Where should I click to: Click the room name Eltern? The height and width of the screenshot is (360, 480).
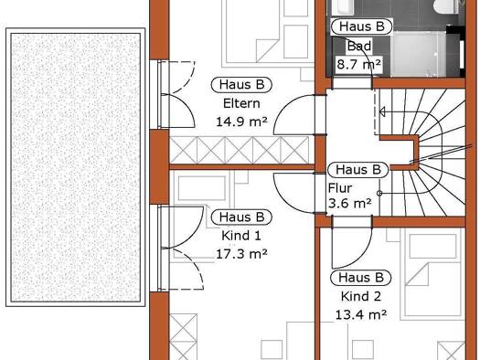241,103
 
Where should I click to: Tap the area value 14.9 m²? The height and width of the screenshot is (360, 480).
241,122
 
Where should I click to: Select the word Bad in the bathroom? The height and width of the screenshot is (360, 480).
359,47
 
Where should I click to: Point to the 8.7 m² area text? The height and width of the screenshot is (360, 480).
358,65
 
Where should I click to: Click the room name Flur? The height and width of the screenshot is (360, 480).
340,188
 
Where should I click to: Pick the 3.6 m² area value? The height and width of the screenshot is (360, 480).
350,203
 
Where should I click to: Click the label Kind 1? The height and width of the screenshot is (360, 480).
241,236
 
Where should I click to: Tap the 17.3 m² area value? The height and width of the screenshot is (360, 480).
241,254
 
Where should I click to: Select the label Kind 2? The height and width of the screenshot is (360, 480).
361,296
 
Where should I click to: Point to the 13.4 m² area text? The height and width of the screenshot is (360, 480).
361,314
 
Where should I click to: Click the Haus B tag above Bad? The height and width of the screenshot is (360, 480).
361,26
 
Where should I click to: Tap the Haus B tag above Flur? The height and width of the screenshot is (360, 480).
358,169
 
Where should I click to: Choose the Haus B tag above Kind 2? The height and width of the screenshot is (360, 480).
361,278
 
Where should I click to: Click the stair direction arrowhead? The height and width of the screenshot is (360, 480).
382,112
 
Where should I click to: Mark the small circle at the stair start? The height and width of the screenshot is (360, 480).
379,194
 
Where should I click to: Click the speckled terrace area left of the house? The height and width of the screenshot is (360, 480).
76,167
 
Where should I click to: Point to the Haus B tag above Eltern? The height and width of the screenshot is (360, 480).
241,85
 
